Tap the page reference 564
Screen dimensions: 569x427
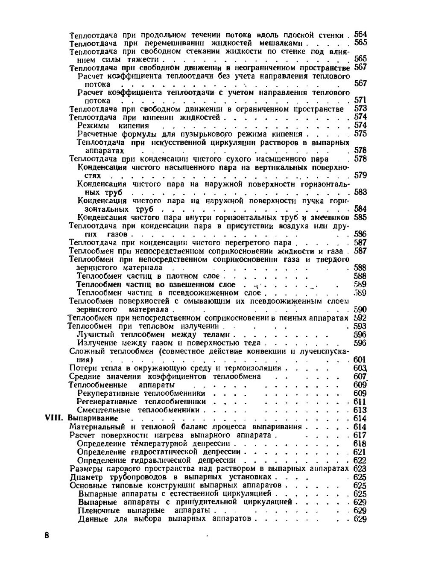point(360,35)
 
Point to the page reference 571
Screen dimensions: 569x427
point(360,100)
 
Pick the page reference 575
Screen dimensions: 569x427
point(360,134)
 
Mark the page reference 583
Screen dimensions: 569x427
point(360,193)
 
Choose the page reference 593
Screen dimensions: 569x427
point(360,327)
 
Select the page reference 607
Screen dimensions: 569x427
point(360,376)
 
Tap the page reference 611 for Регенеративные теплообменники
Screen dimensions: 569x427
point(360,402)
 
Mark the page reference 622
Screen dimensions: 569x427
point(360,460)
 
